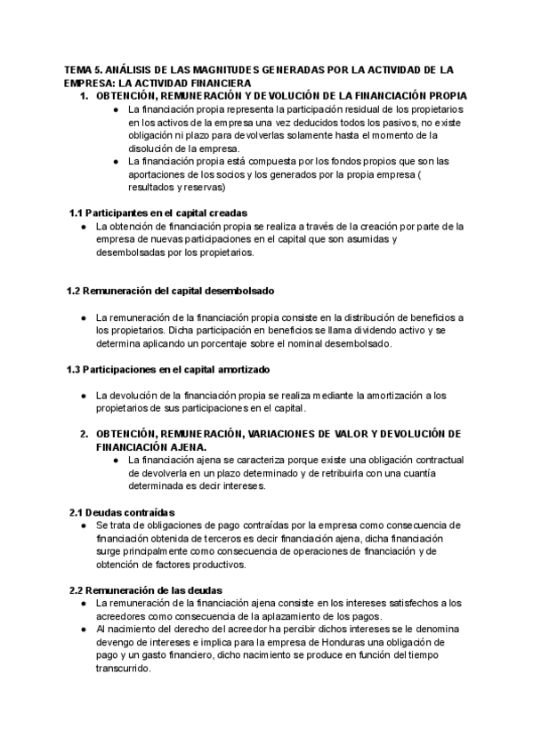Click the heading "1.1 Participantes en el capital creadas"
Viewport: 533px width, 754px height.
point(158,213)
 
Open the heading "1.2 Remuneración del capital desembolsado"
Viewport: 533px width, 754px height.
point(171,291)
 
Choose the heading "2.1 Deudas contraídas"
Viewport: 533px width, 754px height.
point(122,512)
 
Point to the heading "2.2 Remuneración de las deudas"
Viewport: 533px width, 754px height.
point(146,590)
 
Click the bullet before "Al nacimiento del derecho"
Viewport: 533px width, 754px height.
point(83,630)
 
